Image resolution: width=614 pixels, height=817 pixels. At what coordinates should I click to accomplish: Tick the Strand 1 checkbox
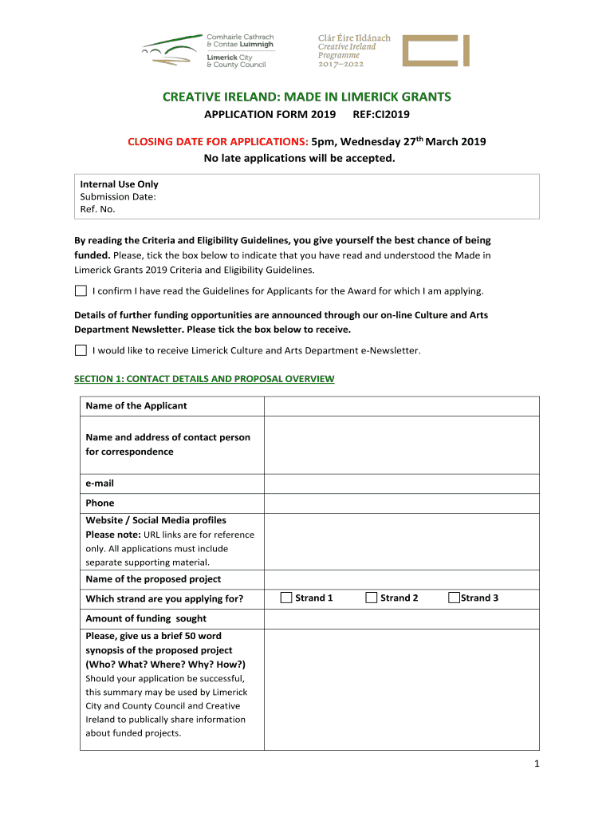click(x=286, y=598)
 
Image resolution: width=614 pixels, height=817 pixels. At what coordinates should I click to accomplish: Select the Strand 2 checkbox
click(x=371, y=598)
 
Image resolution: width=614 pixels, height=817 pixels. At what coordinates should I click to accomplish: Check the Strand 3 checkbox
click(x=454, y=598)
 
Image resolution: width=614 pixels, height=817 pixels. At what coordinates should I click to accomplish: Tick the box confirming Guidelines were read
click(x=81, y=291)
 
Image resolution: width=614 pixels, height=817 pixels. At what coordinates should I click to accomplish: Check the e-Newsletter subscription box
click(x=81, y=350)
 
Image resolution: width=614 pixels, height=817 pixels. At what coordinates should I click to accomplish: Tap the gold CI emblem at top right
click(x=435, y=50)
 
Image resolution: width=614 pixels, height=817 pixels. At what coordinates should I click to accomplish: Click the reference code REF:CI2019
click(x=380, y=115)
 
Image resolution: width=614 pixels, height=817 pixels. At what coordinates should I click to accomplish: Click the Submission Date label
click(x=118, y=196)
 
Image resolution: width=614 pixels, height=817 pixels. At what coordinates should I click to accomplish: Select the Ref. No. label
click(x=97, y=209)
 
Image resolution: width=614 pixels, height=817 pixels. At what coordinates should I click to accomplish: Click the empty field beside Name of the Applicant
click(x=401, y=406)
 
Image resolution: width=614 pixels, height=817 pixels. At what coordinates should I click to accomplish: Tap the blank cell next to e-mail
click(x=401, y=483)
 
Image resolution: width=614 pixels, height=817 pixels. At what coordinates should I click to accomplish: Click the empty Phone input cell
click(x=401, y=503)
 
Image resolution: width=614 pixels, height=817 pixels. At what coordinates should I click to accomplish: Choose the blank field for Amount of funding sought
click(x=401, y=619)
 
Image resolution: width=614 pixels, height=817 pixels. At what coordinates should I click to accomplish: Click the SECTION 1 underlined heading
click(x=204, y=379)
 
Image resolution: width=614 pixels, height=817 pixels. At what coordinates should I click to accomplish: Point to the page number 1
click(x=537, y=764)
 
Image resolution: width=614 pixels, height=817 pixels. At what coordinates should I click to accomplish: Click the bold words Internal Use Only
click(x=119, y=184)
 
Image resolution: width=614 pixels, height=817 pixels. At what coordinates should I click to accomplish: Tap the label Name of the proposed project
click(x=153, y=579)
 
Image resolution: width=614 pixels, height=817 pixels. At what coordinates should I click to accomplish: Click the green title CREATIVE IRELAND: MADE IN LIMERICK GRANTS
click(x=307, y=97)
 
